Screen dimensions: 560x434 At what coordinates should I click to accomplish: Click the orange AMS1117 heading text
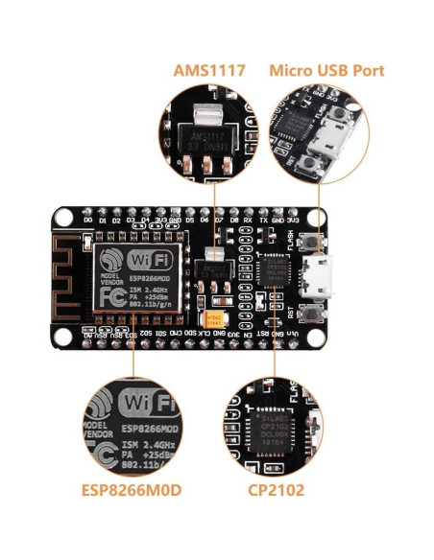(209, 71)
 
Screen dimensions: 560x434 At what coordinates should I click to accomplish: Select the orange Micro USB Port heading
(326, 71)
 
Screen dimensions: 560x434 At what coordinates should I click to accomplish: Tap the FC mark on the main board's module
(111, 294)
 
